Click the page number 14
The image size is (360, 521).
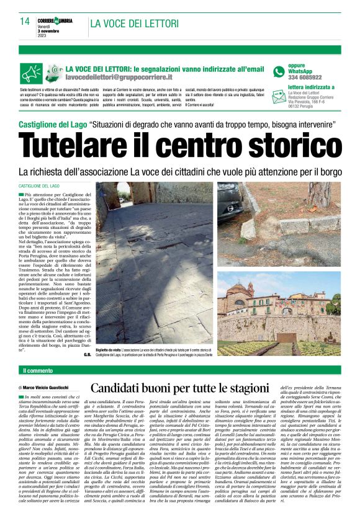point(24,21)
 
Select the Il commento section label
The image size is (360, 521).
point(38,371)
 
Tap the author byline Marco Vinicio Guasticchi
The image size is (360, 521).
point(54,387)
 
